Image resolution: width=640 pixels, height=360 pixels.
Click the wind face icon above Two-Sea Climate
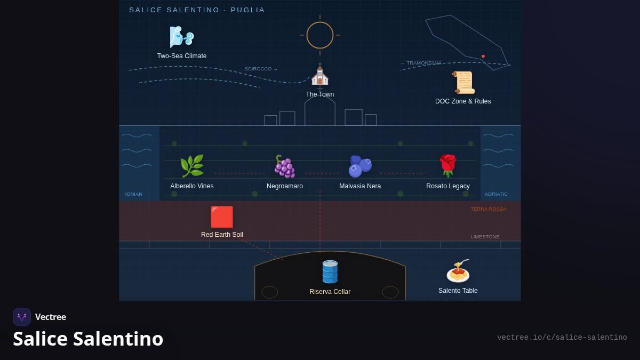pos(182,37)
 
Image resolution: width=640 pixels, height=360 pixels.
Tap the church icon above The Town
pos(319,74)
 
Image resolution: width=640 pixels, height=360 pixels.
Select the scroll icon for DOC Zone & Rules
pos(463,83)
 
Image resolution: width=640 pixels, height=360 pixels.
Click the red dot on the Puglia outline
pos(483,57)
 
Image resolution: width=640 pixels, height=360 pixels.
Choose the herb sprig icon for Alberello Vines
pos(192,166)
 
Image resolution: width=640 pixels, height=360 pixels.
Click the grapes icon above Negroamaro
pos(285,166)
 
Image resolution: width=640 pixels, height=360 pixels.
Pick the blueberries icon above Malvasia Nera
pos(360,166)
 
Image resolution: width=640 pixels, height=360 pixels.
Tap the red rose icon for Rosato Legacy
pos(448,166)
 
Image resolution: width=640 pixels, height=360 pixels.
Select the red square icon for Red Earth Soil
pos(222,217)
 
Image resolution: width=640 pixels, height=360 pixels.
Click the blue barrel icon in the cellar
pos(330,271)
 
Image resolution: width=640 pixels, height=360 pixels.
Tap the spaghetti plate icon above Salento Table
pos(458,270)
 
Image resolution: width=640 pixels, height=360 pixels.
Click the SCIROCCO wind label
pos(261,69)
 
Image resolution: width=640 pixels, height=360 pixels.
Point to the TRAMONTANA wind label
pos(421,63)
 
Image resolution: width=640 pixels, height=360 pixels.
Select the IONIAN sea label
pos(134,194)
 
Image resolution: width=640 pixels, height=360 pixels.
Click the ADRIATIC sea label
pos(496,194)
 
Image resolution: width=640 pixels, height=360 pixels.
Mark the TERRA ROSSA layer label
pos(489,209)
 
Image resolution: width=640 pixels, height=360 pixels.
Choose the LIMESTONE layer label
pos(485,237)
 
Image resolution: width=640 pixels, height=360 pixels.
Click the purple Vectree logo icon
pos(22,317)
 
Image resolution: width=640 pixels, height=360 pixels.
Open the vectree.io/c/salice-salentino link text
pos(562,338)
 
